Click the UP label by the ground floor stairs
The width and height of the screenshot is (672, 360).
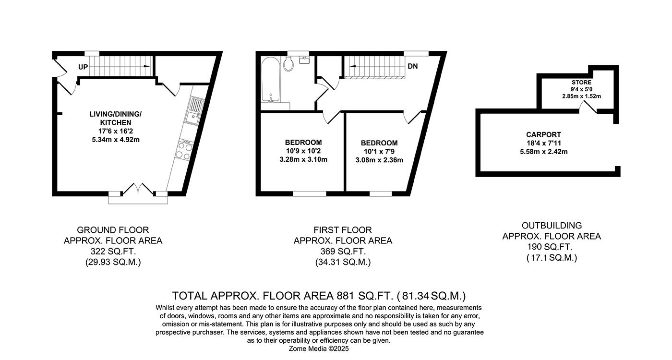[83, 67]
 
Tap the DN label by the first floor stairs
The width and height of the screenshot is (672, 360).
[413, 66]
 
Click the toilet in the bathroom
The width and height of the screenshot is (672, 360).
[288, 64]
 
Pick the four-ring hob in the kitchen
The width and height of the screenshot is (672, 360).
[184, 151]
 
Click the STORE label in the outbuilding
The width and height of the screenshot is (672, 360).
[581, 83]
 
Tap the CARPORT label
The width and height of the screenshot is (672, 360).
[543, 135]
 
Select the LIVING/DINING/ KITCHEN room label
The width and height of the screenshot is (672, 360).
[116, 118]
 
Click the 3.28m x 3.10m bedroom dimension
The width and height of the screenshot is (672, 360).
[303, 159]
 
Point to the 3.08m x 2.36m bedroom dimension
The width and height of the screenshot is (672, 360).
[379, 160]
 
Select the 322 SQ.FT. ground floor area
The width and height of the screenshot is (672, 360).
[113, 251]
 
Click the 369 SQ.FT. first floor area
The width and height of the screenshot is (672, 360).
[343, 252]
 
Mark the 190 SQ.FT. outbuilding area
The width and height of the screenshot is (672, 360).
[552, 247]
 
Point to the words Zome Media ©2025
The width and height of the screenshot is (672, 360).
[319, 349]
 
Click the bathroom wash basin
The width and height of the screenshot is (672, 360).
[304, 60]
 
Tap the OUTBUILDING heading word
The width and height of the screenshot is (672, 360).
[552, 225]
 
